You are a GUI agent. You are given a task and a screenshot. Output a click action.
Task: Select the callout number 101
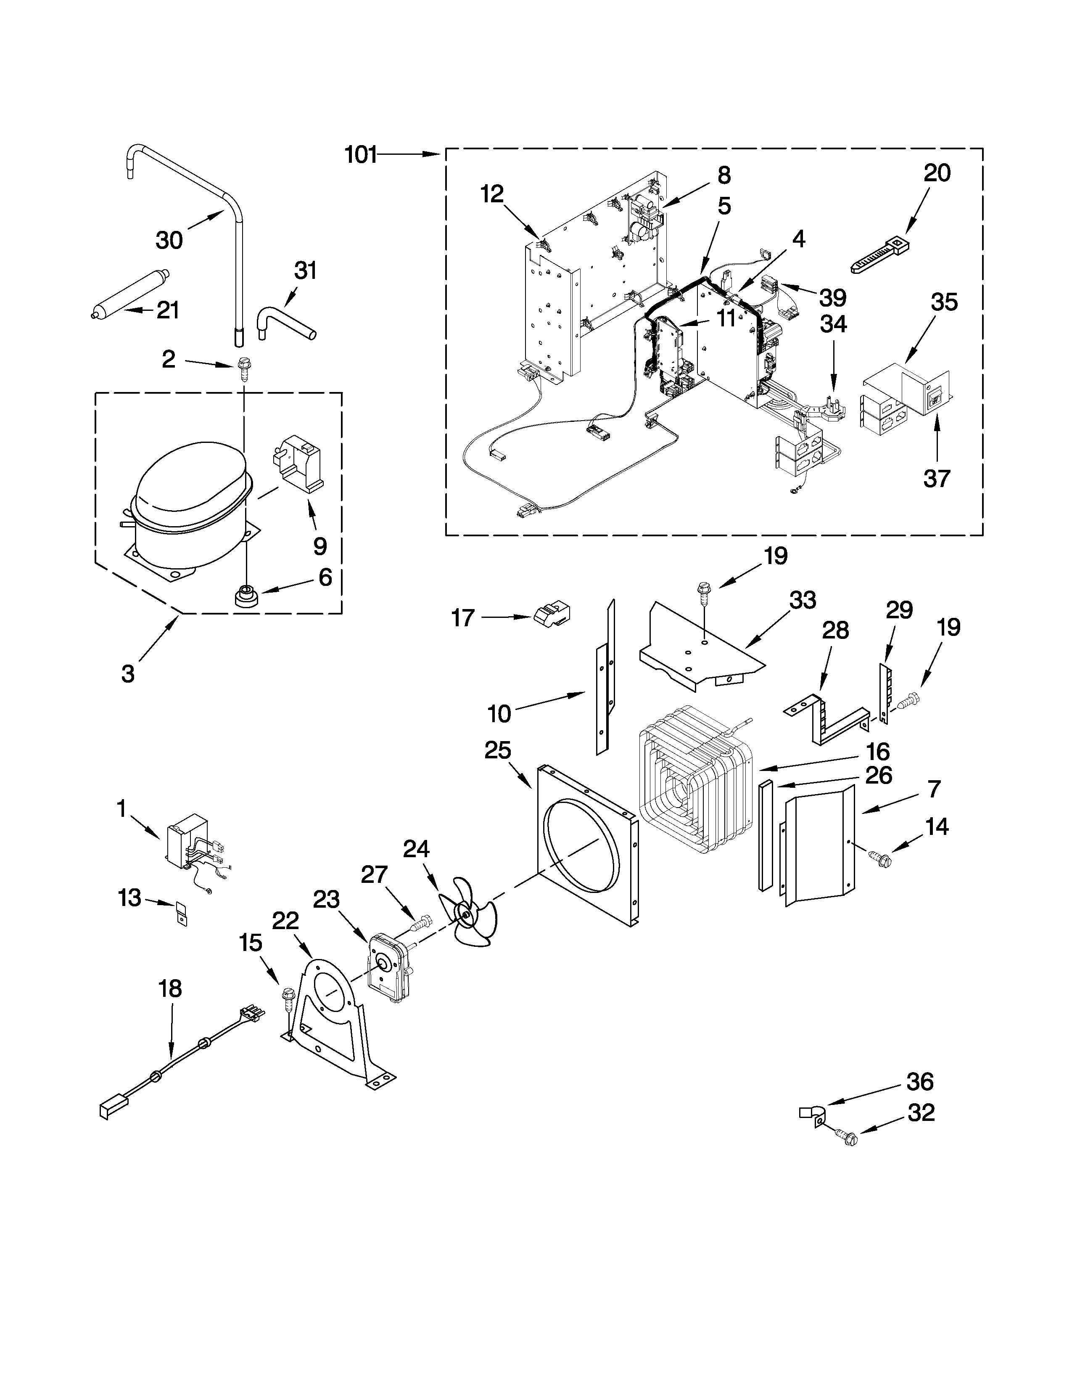pyautogui.click(x=361, y=154)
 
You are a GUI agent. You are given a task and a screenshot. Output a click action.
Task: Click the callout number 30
pyautogui.click(x=169, y=240)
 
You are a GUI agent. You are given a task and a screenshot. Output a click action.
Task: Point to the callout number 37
pyautogui.click(x=936, y=478)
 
